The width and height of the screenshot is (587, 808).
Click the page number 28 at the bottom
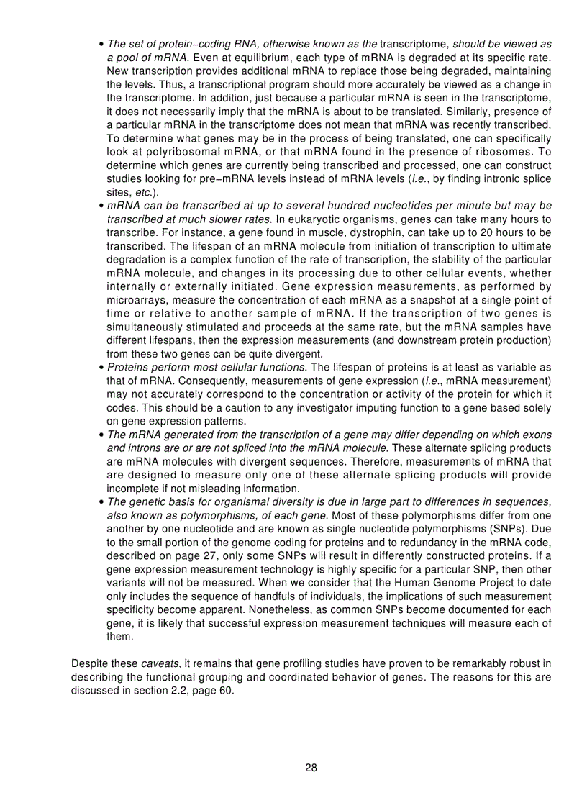point(311,767)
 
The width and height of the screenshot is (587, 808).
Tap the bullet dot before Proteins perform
point(101,368)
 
